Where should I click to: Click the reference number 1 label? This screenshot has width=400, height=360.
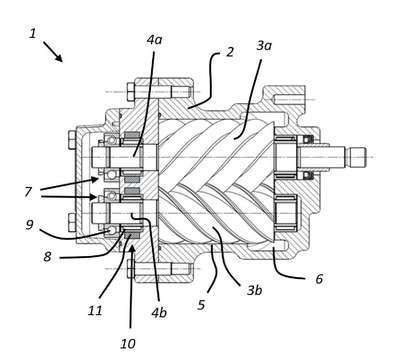(32, 33)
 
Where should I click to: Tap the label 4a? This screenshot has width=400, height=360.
(154, 40)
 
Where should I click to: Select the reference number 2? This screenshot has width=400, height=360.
(230, 52)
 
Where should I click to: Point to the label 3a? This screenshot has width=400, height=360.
(264, 46)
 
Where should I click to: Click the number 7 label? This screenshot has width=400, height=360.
(28, 192)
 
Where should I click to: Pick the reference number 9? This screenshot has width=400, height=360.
(30, 225)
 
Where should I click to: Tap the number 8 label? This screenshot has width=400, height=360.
(47, 257)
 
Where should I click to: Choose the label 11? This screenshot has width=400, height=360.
(95, 311)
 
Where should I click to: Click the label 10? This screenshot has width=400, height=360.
(128, 344)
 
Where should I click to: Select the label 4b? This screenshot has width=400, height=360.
(159, 313)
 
